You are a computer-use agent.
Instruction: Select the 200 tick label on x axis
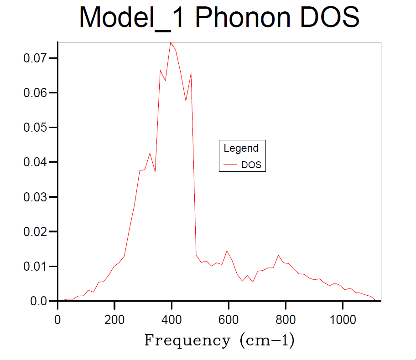coord(114,319)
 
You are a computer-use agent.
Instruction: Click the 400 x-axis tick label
coord(172,319)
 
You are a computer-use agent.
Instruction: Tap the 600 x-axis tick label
coord(229,319)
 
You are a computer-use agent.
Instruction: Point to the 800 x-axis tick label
coord(286,319)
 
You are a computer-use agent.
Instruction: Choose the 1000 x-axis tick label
coord(343,319)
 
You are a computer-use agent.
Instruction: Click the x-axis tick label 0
coord(57,319)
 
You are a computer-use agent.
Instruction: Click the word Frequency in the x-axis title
coord(187,340)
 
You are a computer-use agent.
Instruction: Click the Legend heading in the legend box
coord(241,148)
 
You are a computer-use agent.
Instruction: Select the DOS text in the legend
coord(251,165)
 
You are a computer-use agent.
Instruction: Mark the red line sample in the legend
coord(230,165)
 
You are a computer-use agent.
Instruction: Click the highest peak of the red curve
coord(171,42)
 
